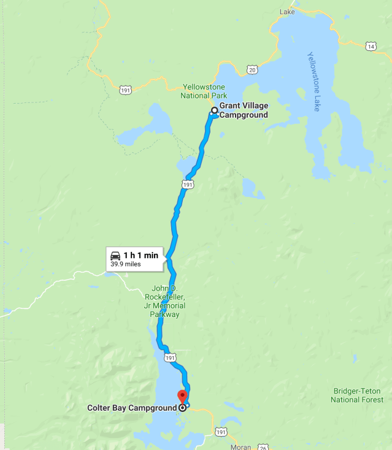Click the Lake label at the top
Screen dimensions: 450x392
click(x=287, y=12)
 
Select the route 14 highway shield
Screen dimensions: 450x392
click(x=370, y=46)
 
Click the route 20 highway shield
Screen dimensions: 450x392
click(x=253, y=70)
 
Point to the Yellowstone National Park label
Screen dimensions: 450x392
click(x=204, y=91)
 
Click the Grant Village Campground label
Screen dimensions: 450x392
click(x=244, y=110)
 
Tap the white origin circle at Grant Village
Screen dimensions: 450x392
click(x=214, y=111)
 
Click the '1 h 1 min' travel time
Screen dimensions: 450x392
click(x=140, y=255)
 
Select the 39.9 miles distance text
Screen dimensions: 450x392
click(x=126, y=265)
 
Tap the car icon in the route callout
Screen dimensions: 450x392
click(x=115, y=255)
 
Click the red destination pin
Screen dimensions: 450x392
click(x=182, y=396)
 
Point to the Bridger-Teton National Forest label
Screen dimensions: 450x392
click(x=357, y=395)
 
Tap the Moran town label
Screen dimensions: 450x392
click(x=240, y=447)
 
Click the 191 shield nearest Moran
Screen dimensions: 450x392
click(x=222, y=432)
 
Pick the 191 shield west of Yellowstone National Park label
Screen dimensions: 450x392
click(x=125, y=90)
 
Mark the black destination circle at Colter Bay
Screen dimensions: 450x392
click(x=182, y=408)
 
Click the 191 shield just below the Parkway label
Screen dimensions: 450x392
click(x=171, y=357)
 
